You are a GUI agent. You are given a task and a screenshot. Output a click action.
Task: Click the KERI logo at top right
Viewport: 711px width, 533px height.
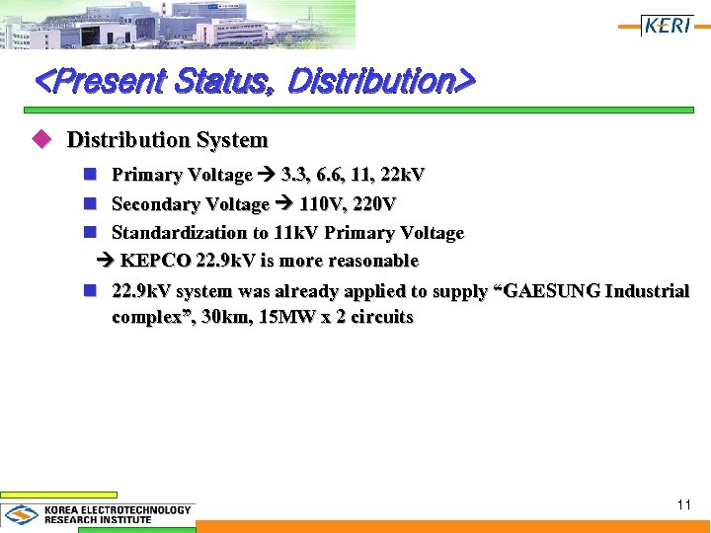click(668, 26)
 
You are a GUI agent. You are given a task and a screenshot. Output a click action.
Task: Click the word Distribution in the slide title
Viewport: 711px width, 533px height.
click(368, 81)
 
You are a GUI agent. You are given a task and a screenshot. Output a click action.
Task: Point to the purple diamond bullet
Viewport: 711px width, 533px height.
click(41, 140)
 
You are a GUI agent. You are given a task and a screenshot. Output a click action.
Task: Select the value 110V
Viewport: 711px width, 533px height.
click(323, 204)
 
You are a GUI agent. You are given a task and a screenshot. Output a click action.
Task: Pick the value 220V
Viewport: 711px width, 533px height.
click(375, 204)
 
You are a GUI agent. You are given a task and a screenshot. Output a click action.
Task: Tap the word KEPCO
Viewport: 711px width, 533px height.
click(156, 262)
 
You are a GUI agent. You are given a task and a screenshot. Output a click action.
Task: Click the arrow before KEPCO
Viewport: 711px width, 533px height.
click(106, 262)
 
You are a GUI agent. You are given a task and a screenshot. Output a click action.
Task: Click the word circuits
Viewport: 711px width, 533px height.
click(380, 318)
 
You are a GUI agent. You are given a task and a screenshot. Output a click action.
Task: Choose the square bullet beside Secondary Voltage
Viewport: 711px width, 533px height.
click(90, 204)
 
